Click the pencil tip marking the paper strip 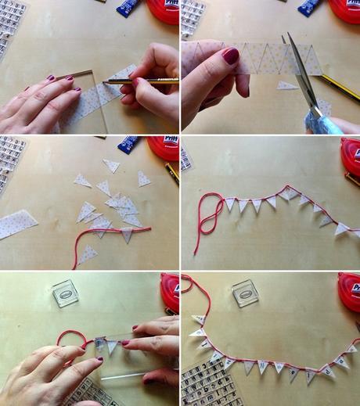[104, 82]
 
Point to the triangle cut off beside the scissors [286, 85]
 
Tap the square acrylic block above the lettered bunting [246, 293]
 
